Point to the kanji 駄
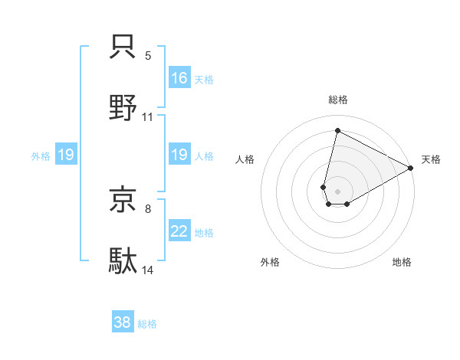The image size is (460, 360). (123, 260)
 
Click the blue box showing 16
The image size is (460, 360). (179, 78)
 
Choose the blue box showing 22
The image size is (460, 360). (179, 232)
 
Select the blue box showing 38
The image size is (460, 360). (123, 322)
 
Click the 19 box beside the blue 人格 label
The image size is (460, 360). (179, 155)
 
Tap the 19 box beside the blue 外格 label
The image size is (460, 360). (66, 155)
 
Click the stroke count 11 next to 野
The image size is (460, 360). (148, 117)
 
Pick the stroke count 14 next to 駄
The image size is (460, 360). (148, 271)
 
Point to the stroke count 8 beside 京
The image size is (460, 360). (148, 208)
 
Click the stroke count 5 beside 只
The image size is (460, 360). (148, 56)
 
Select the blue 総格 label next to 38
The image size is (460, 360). (147, 324)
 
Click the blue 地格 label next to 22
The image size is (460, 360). (204, 233)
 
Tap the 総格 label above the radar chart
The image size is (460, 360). (337, 100)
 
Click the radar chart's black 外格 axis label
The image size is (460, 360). (270, 263)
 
